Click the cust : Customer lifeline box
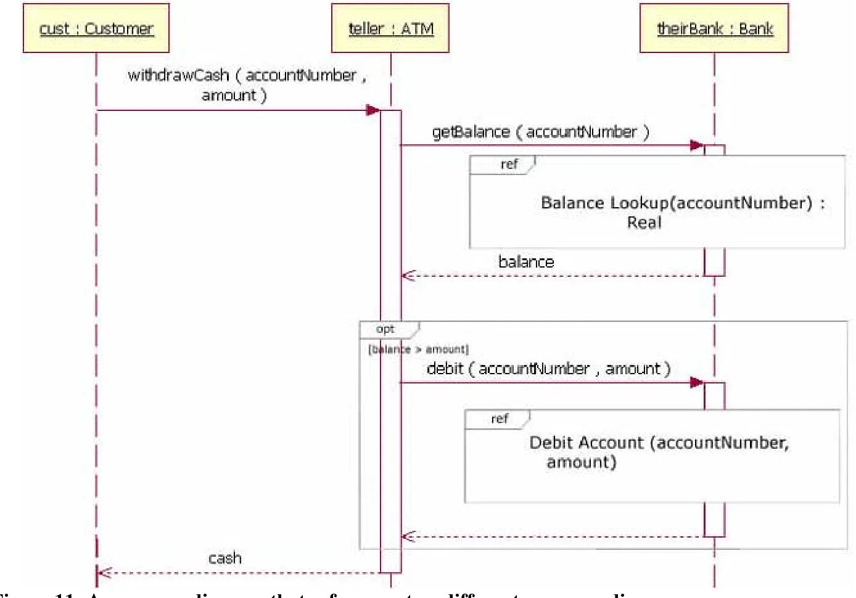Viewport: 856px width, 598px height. click(x=96, y=28)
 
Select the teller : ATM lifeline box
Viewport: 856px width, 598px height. click(x=390, y=28)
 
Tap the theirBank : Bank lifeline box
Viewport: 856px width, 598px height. click(x=714, y=28)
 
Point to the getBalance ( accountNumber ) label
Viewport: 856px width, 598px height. click(x=540, y=132)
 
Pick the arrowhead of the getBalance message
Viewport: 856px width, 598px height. click(x=697, y=145)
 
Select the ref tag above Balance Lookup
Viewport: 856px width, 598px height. click(x=509, y=165)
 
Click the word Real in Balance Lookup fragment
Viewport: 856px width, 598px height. click(x=644, y=223)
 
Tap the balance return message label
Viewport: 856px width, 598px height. click(x=526, y=262)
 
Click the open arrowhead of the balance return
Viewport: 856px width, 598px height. click(x=408, y=276)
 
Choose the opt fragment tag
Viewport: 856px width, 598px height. click(x=385, y=329)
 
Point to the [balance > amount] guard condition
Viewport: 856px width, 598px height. click(x=419, y=350)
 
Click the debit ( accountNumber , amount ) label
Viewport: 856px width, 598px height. click(x=548, y=369)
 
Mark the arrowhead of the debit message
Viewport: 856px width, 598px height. click(x=697, y=382)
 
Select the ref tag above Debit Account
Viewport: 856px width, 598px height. click(x=500, y=419)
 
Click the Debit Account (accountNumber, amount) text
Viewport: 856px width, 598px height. click(x=658, y=452)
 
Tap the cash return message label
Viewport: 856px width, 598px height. click(x=224, y=559)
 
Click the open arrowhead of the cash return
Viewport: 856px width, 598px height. click(x=104, y=573)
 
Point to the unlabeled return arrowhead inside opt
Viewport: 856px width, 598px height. click(x=408, y=536)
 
